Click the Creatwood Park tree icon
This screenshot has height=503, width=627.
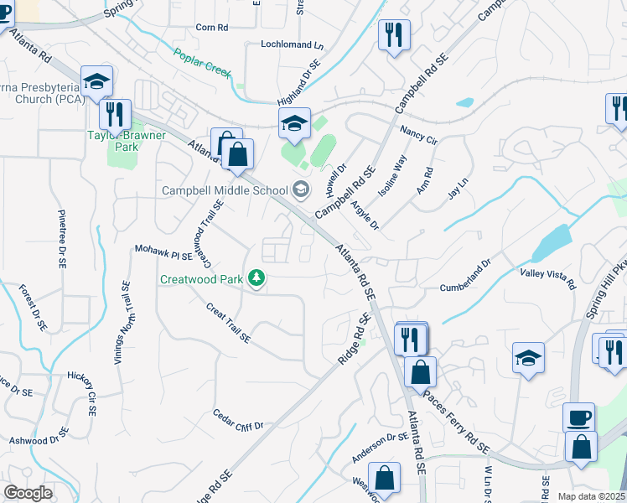tap(257, 278)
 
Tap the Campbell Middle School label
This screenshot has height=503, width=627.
tap(225, 190)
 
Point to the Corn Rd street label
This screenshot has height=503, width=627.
tap(211, 28)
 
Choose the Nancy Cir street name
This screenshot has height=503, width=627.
tap(419, 137)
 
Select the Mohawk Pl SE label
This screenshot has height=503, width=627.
tap(163, 251)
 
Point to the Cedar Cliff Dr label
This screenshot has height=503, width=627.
tap(238, 420)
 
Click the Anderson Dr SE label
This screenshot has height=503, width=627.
tap(380, 447)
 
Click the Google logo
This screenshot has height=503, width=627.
tap(28, 492)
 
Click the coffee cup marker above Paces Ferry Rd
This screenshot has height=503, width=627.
tap(579, 417)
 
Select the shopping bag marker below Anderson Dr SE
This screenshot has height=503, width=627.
tap(384, 480)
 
